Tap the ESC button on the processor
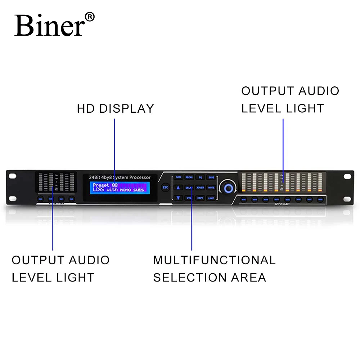pos(165,187)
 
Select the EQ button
pos(200,177)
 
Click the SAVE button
pos(211,177)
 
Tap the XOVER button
pos(200,188)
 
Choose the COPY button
pos(200,198)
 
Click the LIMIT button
pos(211,198)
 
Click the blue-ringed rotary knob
pos(228,187)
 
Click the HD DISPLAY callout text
pos(115,108)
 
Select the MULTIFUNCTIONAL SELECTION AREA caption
pos(214,269)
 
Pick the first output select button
pos(244,199)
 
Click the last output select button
pos(320,199)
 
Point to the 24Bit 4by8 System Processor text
pos(120,177)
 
